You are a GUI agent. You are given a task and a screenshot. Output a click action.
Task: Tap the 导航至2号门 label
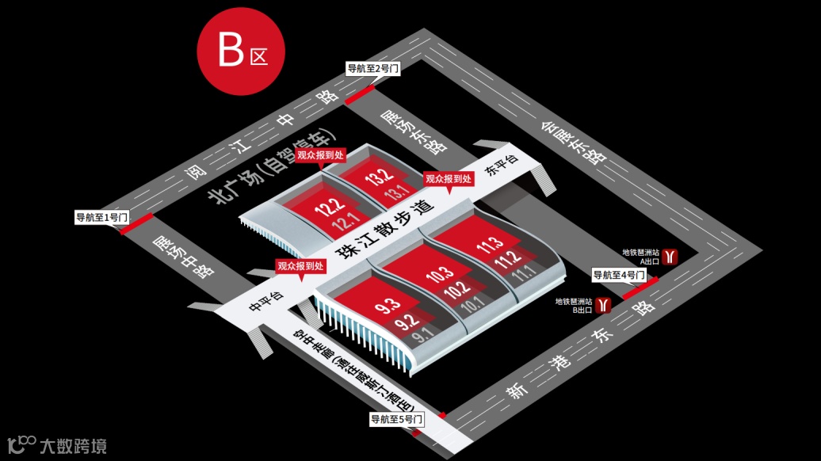click(x=372, y=69)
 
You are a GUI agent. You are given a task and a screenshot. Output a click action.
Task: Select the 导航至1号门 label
click(x=101, y=216)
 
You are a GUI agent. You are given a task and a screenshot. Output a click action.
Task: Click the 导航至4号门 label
click(x=619, y=275)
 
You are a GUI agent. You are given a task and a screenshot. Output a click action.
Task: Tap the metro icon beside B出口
click(x=605, y=305)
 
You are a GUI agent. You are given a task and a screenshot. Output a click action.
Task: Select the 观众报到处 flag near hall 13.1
click(x=449, y=180)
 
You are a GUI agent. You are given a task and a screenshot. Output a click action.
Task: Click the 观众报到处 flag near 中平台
click(x=300, y=267)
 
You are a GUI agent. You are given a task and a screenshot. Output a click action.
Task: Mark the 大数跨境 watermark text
click(x=73, y=445)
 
